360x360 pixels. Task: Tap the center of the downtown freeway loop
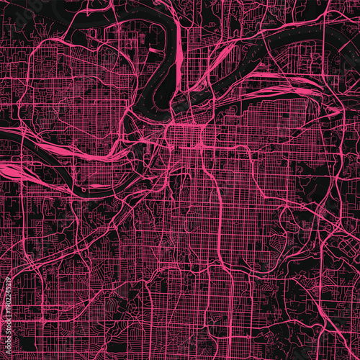pyautogui.click(x=189, y=140)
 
